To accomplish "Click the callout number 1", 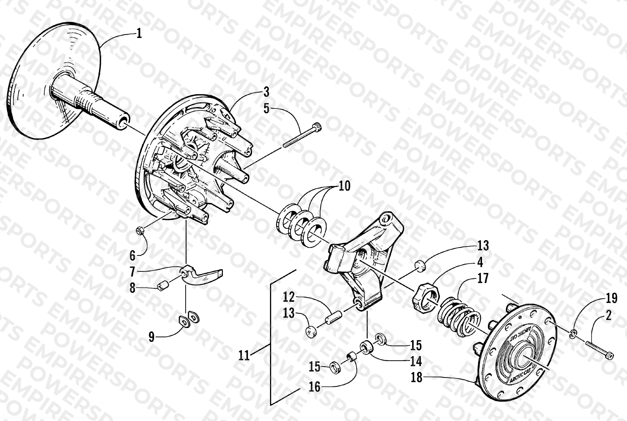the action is (x=139, y=34).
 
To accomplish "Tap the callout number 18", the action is (x=417, y=378).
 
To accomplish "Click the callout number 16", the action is (x=314, y=387).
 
